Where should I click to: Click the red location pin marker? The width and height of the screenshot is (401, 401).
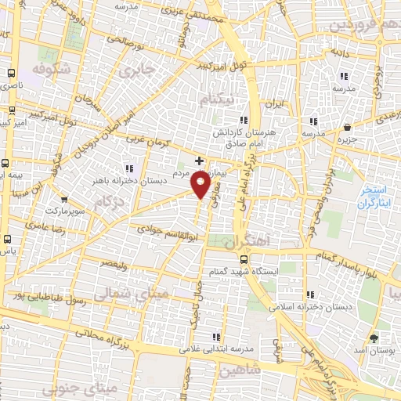tap(201, 185)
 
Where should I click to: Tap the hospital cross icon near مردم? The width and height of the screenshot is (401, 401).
tap(200, 161)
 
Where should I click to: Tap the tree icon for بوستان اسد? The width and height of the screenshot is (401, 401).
tap(374, 338)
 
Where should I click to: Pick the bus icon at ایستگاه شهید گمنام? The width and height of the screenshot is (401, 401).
tap(244, 259)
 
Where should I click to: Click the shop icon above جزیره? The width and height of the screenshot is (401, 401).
tap(347, 127)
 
